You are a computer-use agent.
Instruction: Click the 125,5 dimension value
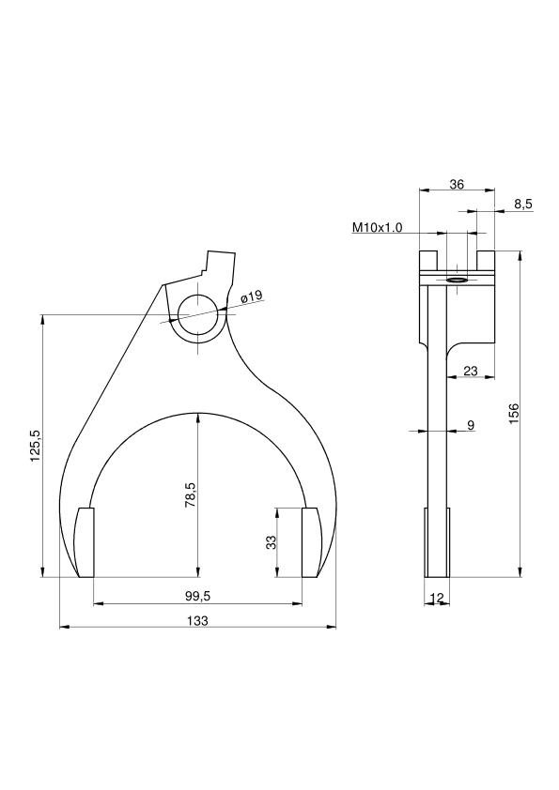pyautogui.click(x=36, y=447)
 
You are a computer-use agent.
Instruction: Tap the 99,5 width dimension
pyautogui.click(x=198, y=596)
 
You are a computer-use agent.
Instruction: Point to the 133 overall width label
pyautogui.click(x=197, y=621)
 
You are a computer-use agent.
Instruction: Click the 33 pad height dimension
pyautogui.click(x=271, y=542)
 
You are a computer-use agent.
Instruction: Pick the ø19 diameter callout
pyautogui.click(x=253, y=296)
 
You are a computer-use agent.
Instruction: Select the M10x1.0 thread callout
pyautogui.click(x=378, y=227)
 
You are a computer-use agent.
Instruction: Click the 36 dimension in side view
pyautogui.click(x=457, y=185)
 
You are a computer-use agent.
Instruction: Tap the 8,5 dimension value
pyautogui.click(x=523, y=204)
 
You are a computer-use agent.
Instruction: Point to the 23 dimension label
pyautogui.click(x=470, y=371)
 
